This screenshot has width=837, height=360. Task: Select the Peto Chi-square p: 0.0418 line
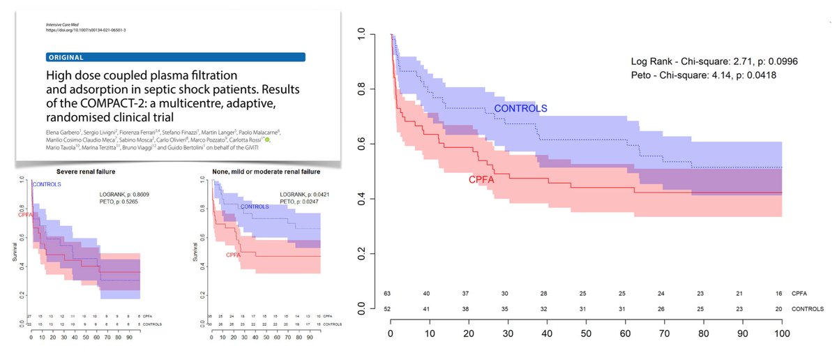705,75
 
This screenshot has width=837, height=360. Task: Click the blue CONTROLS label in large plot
520,108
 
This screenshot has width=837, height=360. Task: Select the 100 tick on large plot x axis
781,333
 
